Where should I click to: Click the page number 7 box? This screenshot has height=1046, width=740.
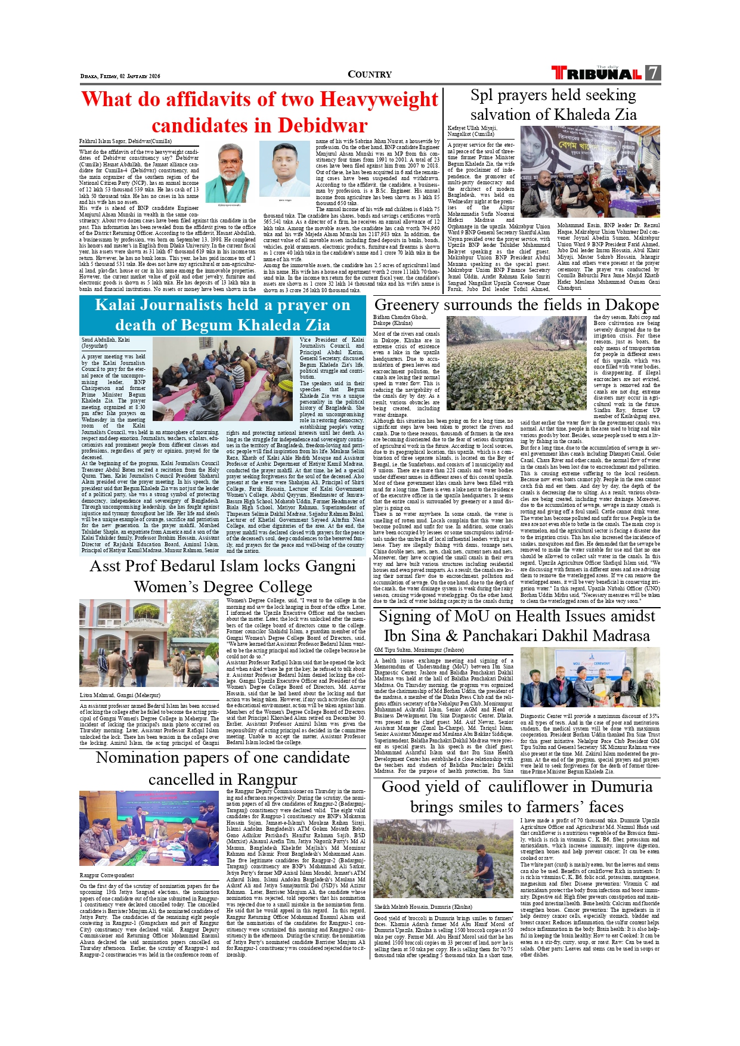click(653, 73)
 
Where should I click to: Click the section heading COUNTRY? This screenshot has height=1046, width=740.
click(370, 74)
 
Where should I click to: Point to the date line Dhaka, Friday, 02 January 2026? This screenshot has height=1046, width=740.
click(120, 76)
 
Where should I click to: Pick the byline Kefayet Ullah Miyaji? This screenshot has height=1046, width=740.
click(472, 128)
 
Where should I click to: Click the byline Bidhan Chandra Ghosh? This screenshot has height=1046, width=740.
click(400, 317)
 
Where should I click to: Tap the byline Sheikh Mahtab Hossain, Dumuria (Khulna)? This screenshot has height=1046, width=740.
click(423, 906)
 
